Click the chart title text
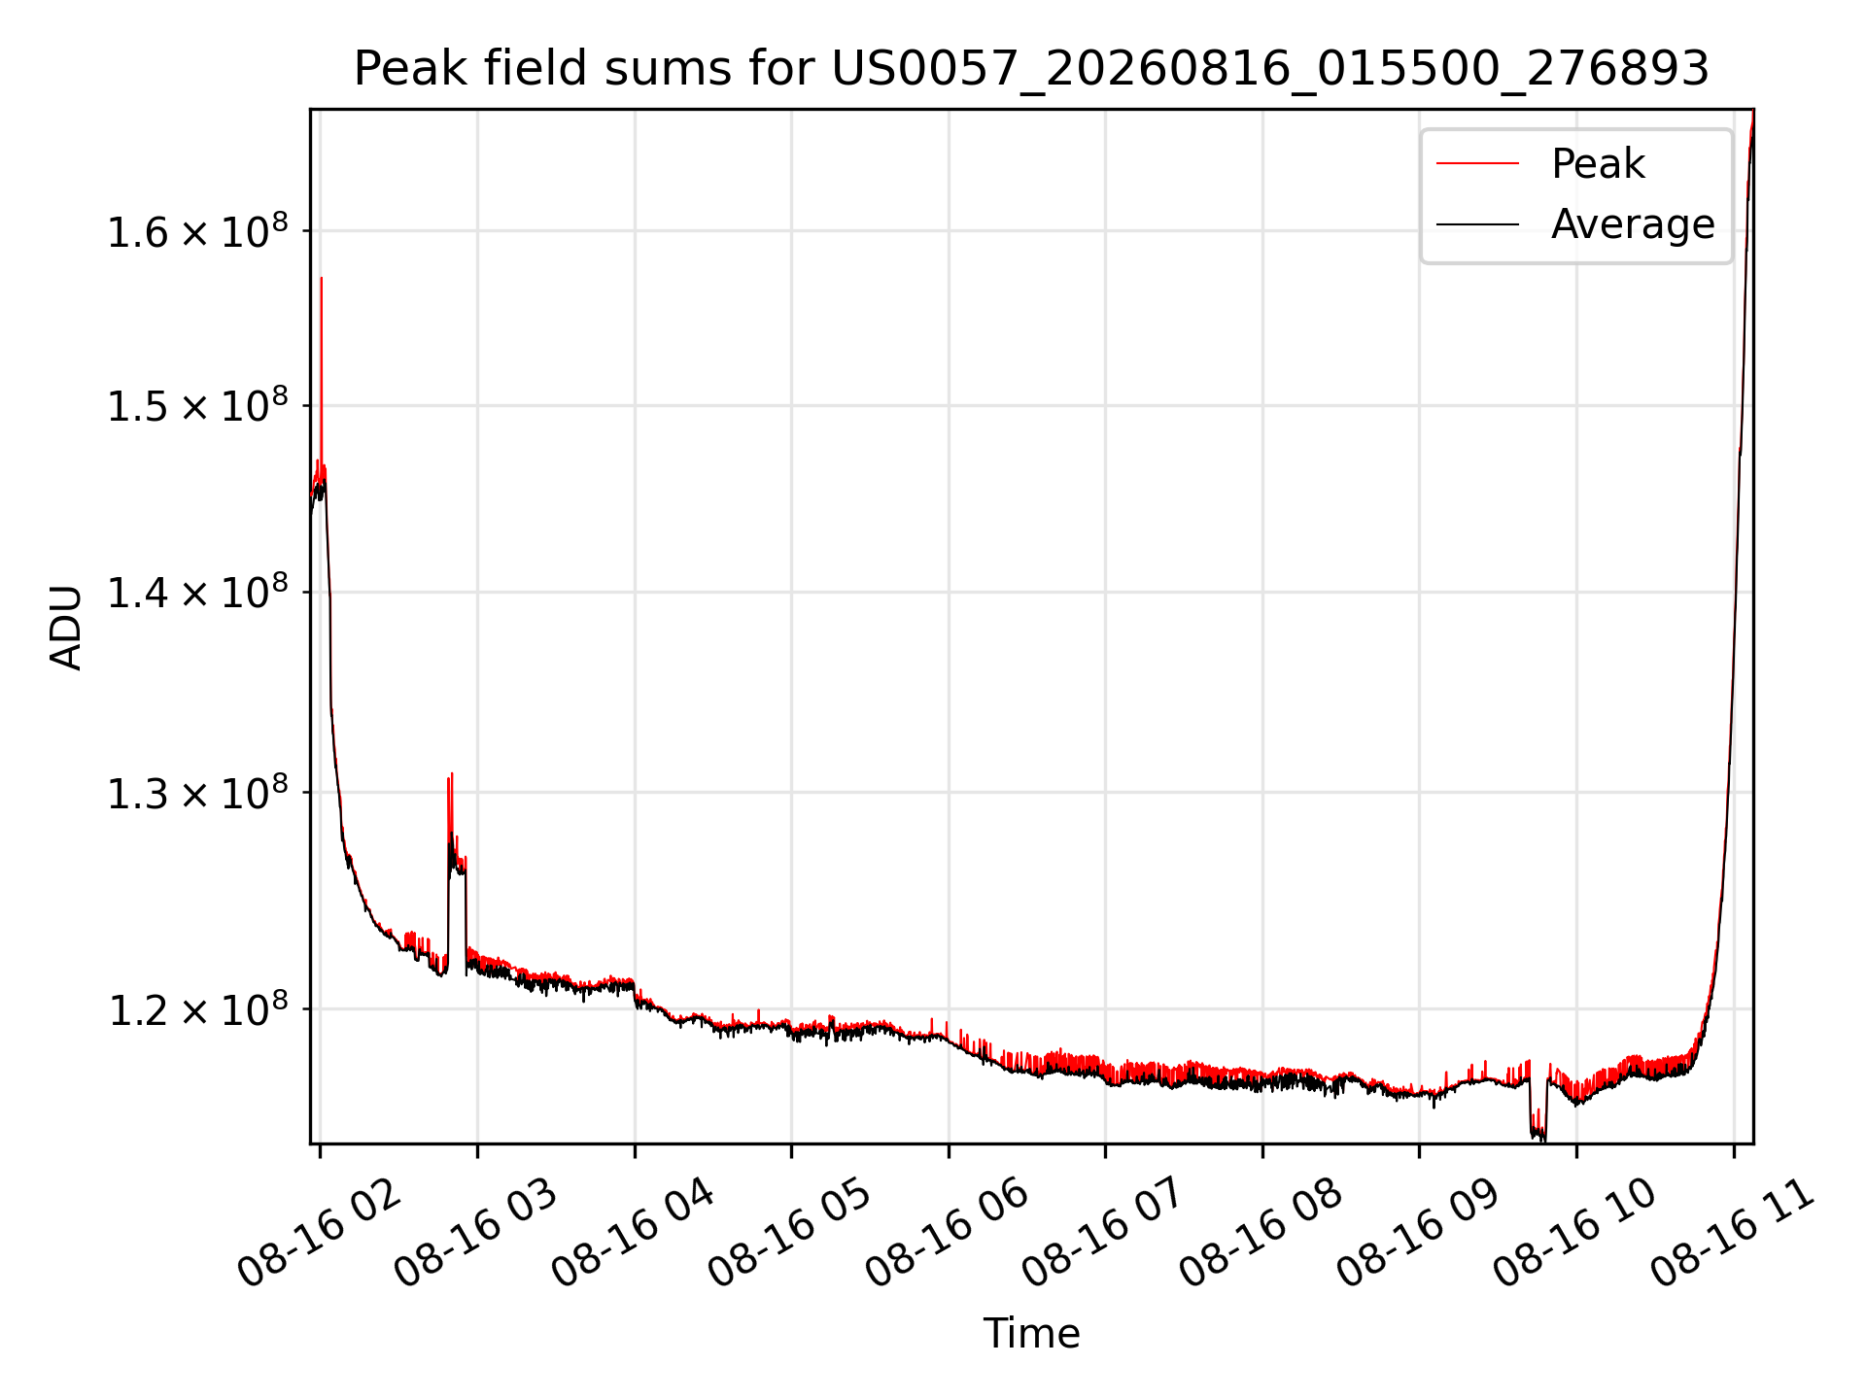click(x=1031, y=69)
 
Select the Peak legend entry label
click(x=1598, y=163)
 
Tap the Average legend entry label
click(x=1633, y=224)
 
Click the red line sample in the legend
click(x=1477, y=163)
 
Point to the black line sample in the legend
click(x=1477, y=224)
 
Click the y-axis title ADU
click(x=66, y=627)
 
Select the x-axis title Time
click(x=1031, y=1333)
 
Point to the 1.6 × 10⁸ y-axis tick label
click(x=197, y=231)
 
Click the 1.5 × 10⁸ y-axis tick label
click(x=197, y=406)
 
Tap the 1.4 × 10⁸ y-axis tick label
click(x=197, y=593)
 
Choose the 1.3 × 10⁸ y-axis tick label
click(x=197, y=793)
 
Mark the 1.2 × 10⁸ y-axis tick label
click(x=197, y=1009)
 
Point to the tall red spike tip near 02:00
click(x=321, y=278)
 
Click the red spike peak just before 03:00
click(x=452, y=774)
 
